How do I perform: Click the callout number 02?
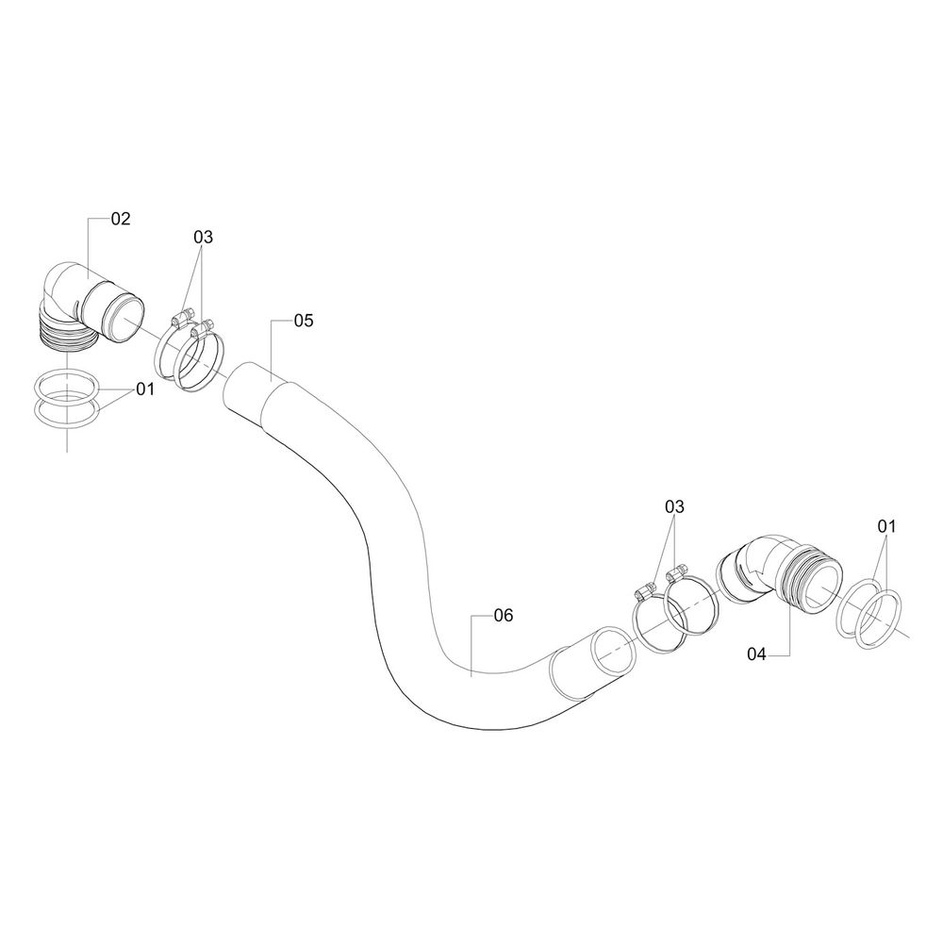click(x=121, y=219)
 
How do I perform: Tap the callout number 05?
click(x=303, y=321)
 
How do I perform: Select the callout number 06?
click(x=503, y=616)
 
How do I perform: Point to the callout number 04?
click(x=760, y=653)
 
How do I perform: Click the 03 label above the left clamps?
click(x=204, y=237)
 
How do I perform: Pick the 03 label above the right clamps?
click(x=673, y=507)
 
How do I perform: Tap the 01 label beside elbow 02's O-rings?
click(x=144, y=389)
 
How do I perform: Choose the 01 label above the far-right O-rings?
click(x=887, y=524)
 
